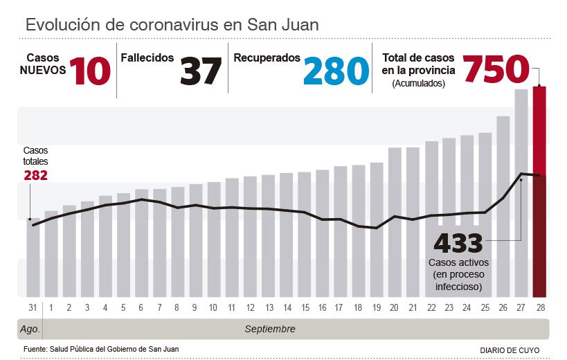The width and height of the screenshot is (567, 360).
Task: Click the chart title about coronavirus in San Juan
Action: coord(172,25)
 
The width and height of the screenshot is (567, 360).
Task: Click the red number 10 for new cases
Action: coord(89,71)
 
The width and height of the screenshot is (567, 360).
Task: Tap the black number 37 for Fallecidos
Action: coord(201,71)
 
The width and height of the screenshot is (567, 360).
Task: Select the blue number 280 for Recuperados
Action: coord(336,71)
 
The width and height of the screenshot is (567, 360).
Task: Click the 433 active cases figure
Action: coord(458,244)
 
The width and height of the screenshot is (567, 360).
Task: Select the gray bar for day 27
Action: coord(521,194)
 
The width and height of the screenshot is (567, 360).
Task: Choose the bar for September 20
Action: coord(395,222)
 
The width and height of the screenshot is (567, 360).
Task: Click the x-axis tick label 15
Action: coord(305,307)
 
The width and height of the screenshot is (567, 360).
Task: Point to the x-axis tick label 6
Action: coord(141,307)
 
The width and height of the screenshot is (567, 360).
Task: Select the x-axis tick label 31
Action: coord(33,307)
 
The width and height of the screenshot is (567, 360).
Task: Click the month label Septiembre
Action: coord(270,329)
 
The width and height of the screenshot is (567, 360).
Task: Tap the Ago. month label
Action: coord(29,329)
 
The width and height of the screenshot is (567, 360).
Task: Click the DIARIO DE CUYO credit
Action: coord(510,350)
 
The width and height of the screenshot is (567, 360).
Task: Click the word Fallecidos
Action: coord(147,58)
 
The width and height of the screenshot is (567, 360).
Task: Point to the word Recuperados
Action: coord(267,58)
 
